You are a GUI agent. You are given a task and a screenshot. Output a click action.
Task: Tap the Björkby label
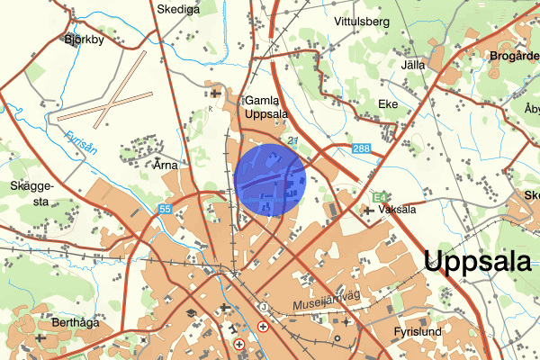(x=85, y=40)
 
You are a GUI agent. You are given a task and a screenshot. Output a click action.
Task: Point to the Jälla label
(x=415, y=66)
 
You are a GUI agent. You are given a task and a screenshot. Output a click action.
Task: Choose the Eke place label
(x=388, y=103)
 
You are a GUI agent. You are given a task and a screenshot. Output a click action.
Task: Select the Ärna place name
(x=167, y=166)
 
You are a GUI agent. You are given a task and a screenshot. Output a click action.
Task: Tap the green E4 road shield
(x=378, y=195)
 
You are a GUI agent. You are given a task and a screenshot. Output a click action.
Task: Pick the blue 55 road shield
(x=165, y=209)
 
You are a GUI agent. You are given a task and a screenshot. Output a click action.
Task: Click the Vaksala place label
(x=398, y=210)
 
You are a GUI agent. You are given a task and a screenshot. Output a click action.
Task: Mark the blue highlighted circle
(x=271, y=179)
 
